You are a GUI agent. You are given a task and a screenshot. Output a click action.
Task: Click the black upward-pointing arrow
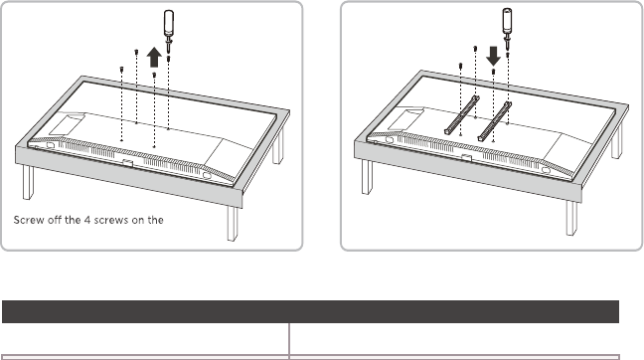pyautogui.click(x=154, y=57)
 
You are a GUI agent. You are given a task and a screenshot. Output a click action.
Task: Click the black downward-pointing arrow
pyautogui.click(x=493, y=56)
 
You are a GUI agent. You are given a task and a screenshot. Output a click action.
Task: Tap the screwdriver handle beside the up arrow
pyautogui.click(x=168, y=24)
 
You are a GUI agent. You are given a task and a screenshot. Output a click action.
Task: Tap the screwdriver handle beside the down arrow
pyautogui.click(x=508, y=21)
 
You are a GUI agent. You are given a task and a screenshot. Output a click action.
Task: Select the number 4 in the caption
pyautogui.click(x=87, y=220)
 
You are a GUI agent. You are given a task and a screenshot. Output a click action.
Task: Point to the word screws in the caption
pyautogui.click(x=111, y=220)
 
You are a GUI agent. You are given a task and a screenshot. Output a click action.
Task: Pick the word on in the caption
pyautogui.click(x=138, y=221)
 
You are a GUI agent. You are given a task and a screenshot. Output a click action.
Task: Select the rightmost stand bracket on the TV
pyautogui.click(x=495, y=121)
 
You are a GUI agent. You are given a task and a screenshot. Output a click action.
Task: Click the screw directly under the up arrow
pyautogui.click(x=154, y=75)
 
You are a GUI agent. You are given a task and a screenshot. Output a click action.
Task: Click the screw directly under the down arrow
pyautogui.click(x=493, y=72)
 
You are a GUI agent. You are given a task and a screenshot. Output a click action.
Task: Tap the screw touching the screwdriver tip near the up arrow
pyautogui.click(x=168, y=60)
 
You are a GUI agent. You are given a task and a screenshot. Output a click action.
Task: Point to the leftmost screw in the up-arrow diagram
pyautogui.click(x=121, y=69)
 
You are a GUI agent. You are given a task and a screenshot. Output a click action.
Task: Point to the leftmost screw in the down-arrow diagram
pyautogui.click(x=461, y=66)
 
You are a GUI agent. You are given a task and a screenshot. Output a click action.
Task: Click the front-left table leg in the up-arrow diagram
pyautogui.click(x=28, y=182)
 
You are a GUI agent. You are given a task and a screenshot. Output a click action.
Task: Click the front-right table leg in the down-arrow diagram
pyautogui.click(x=571, y=217)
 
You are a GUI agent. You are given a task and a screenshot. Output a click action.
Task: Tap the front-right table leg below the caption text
pyautogui.click(x=233, y=223)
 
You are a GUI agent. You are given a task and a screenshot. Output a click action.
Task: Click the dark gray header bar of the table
pyautogui.click(x=310, y=311)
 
